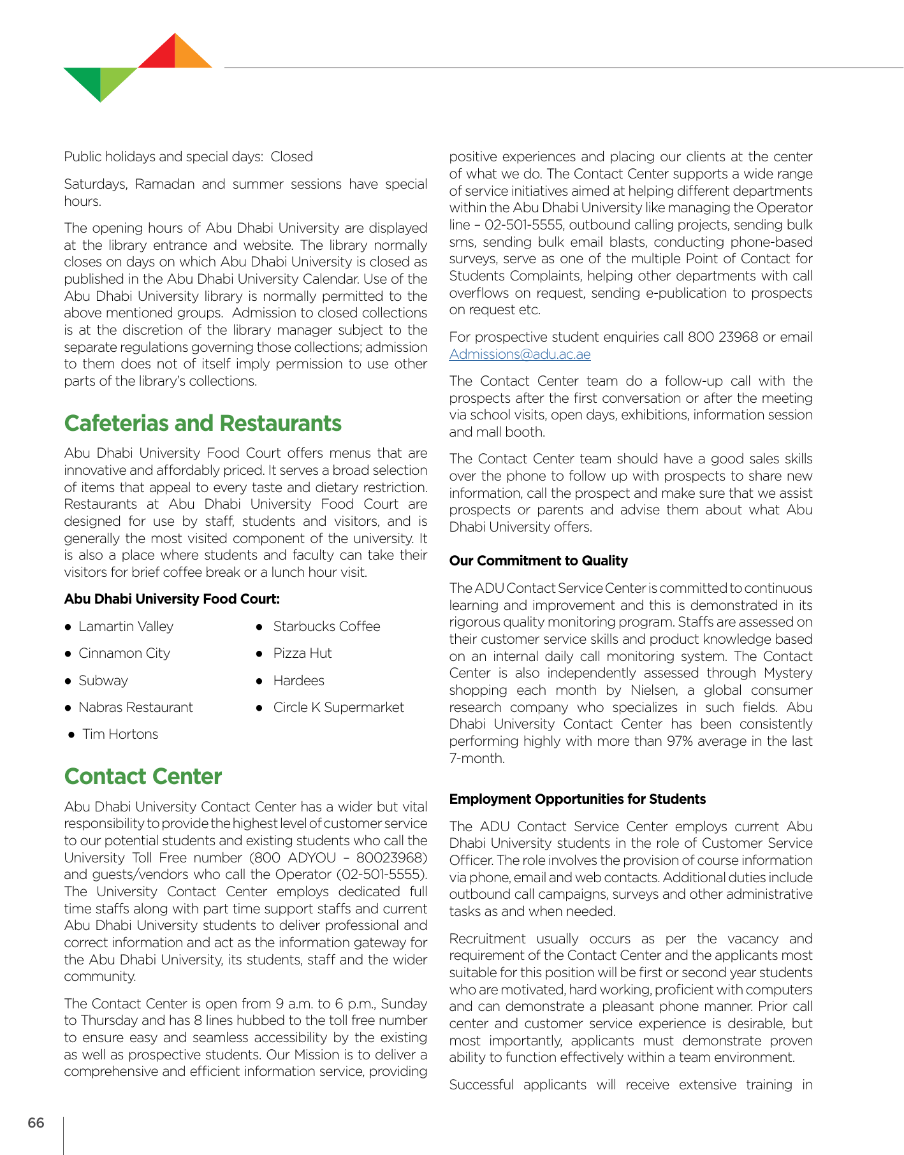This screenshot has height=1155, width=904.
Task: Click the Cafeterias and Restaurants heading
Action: [203, 424]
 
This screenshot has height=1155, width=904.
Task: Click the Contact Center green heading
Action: [143, 776]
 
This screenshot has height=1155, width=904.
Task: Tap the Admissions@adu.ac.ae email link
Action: [520, 354]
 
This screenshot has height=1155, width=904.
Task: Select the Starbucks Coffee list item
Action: [326, 627]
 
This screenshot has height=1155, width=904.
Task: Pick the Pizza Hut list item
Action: [302, 653]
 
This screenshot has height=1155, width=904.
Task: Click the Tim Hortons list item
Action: [120, 734]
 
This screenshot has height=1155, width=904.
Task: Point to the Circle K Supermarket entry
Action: [338, 708]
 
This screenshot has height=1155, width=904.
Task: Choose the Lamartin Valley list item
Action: [126, 627]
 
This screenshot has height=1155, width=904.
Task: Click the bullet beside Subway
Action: [68, 681]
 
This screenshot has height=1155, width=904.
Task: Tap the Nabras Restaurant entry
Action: [135, 708]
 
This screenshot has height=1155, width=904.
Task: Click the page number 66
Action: [36, 1122]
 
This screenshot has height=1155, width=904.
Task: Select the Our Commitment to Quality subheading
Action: [538, 561]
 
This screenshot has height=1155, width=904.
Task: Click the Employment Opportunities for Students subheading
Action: [577, 799]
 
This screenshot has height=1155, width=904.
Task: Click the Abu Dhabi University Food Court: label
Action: [171, 599]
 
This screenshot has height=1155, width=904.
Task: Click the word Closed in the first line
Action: [291, 157]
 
